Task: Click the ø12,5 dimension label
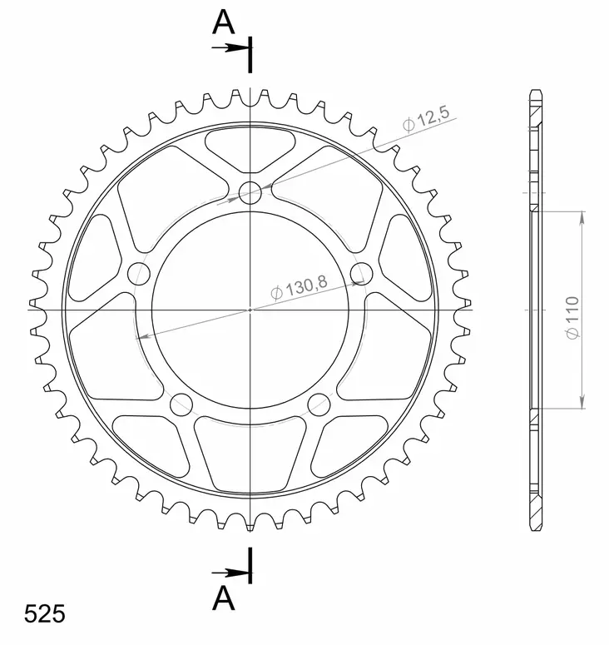click(x=427, y=119)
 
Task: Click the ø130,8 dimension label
click(x=300, y=286)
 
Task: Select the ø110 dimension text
click(x=572, y=318)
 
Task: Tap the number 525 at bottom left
click(x=44, y=613)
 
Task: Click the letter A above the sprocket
click(x=223, y=22)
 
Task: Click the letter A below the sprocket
click(x=223, y=598)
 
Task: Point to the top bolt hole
click(x=250, y=193)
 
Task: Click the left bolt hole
click(x=139, y=274)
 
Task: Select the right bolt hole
click(x=361, y=274)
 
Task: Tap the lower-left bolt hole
click(x=181, y=404)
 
